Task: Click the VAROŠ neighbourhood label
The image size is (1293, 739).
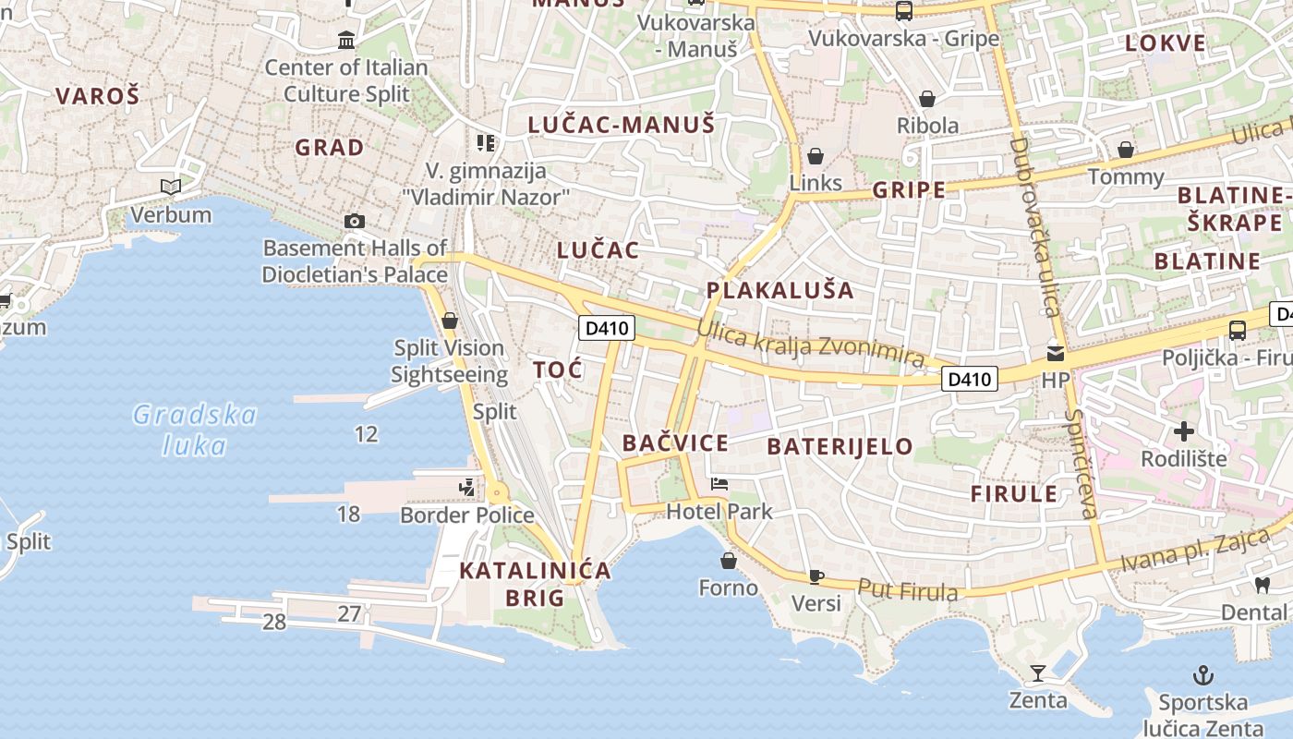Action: point(97,95)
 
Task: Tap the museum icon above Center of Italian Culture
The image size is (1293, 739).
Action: point(346,40)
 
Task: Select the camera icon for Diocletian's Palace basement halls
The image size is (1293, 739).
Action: point(354,221)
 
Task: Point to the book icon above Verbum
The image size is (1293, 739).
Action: point(171,187)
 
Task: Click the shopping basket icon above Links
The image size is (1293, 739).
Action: point(816,156)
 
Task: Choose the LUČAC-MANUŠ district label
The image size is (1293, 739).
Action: point(622,125)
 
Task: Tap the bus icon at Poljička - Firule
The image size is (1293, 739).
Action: point(1238,330)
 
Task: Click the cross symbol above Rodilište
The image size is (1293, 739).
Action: point(1184,431)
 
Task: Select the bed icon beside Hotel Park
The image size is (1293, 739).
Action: point(719,483)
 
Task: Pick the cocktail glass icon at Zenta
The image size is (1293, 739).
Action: point(1038,673)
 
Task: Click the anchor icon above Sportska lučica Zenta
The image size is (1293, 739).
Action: point(1202,675)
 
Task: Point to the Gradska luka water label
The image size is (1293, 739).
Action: point(194,430)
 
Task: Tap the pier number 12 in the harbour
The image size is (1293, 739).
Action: point(367,434)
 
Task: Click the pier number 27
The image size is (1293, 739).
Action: point(349,613)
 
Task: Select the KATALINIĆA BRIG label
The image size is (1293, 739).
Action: point(536,584)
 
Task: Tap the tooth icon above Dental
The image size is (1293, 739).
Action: point(1263,585)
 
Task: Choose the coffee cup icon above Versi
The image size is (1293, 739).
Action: point(816,576)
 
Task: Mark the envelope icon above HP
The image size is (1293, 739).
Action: point(1055,353)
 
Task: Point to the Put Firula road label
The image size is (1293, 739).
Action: point(907,589)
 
